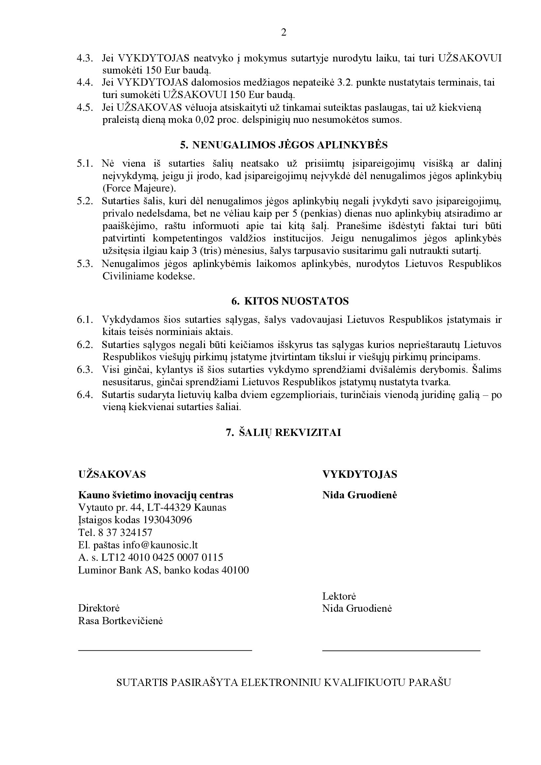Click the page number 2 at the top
click(x=284, y=33)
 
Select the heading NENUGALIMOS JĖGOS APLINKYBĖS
click(x=284, y=145)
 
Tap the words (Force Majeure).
click(x=139, y=189)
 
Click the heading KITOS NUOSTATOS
click(x=290, y=301)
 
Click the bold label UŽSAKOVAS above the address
click(x=112, y=474)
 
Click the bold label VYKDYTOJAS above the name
click(x=360, y=474)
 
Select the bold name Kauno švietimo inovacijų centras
click(x=156, y=495)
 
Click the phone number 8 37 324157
click(x=125, y=532)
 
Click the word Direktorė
click(x=99, y=608)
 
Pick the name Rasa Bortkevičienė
click(x=120, y=621)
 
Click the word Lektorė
click(x=339, y=596)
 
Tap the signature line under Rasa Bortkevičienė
click(x=165, y=650)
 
